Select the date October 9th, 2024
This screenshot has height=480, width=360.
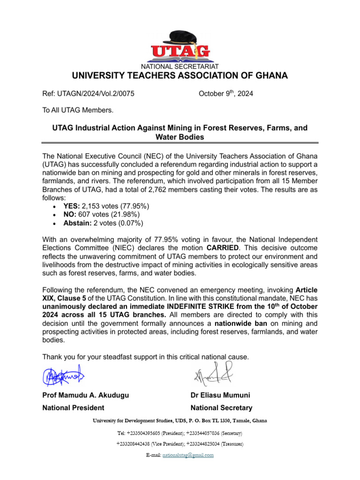coord(225,94)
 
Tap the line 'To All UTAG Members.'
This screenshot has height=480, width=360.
coord(78,111)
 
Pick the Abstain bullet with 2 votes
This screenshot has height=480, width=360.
coord(103,223)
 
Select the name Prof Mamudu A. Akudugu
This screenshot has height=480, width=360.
coord(85,395)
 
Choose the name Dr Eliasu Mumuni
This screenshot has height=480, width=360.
coord(220,395)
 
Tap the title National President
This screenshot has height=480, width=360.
coord(73,408)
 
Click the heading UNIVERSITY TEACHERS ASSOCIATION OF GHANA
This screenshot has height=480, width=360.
coord(180,76)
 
